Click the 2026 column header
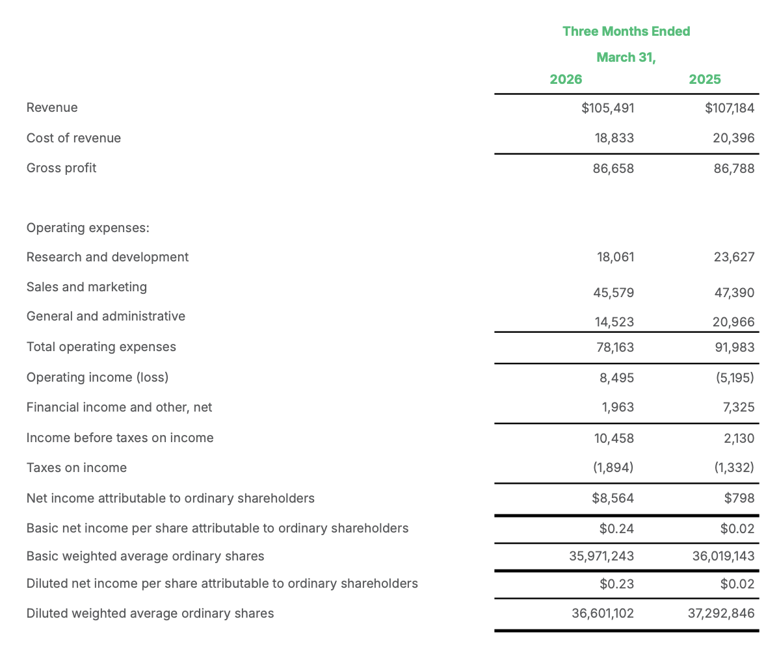(x=566, y=79)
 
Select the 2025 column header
(x=705, y=79)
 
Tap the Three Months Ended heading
(x=626, y=31)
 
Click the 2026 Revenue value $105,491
(x=607, y=108)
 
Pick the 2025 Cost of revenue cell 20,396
(x=733, y=138)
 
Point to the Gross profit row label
(x=61, y=168)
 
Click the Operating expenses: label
(x=88, y=228)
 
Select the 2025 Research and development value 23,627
(x=733, y=257)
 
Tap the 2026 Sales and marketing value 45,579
(x=613, y=293)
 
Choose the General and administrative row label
(x=106, y=316)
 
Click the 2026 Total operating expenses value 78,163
(x=614, y=347)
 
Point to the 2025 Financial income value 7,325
(x=738, y=407)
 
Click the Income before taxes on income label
(x=120, y=438)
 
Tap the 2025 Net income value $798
(x=739, y=498)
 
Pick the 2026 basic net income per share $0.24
(x=616, y=529)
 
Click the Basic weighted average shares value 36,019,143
(x=721, y=556)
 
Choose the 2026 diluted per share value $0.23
(x=616, y=584)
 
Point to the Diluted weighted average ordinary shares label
(x=150, y=613)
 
